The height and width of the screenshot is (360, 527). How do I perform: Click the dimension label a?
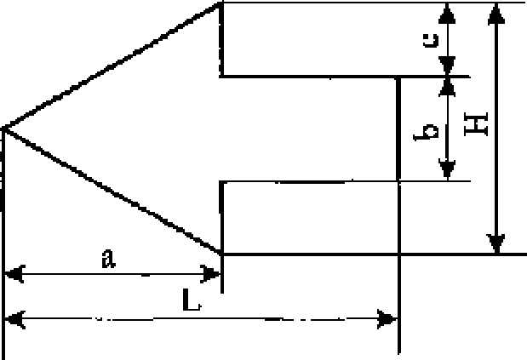tap(108, 259)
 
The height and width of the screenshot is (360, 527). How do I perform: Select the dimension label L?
tap(192, 300)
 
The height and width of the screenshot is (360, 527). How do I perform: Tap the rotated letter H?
tap(476, 124)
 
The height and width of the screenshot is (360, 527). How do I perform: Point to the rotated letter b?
tap(427, 132)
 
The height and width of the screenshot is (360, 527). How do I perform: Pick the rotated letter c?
tap(431, 40)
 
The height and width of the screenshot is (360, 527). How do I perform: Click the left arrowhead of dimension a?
tap(14, 274)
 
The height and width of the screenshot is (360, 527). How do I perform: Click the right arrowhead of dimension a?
tap(210, 274)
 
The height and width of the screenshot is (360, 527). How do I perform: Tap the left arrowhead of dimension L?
tap(14, 319)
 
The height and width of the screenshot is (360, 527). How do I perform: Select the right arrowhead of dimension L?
tap(387, 319)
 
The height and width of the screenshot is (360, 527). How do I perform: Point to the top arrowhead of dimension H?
tap(496, 14)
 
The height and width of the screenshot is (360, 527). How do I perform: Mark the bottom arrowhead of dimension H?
tap(496, 243)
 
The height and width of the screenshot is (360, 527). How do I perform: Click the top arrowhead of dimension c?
tap(447, 14)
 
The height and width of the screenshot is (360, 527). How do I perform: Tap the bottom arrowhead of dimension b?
tap(447, 169)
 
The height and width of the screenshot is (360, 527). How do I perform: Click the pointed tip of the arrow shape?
tap(3, 129)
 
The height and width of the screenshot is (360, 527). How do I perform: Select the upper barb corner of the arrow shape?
tap(221, 3)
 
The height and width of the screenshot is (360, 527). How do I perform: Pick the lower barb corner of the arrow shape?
tap(221, 254)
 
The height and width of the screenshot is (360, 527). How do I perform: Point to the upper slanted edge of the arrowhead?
tap(112, 66)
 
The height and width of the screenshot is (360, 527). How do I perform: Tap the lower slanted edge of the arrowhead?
tap(112, 191)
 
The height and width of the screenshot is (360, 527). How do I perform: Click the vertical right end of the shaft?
tap(398, 129)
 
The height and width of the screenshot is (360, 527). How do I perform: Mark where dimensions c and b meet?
tap(447, 77)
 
